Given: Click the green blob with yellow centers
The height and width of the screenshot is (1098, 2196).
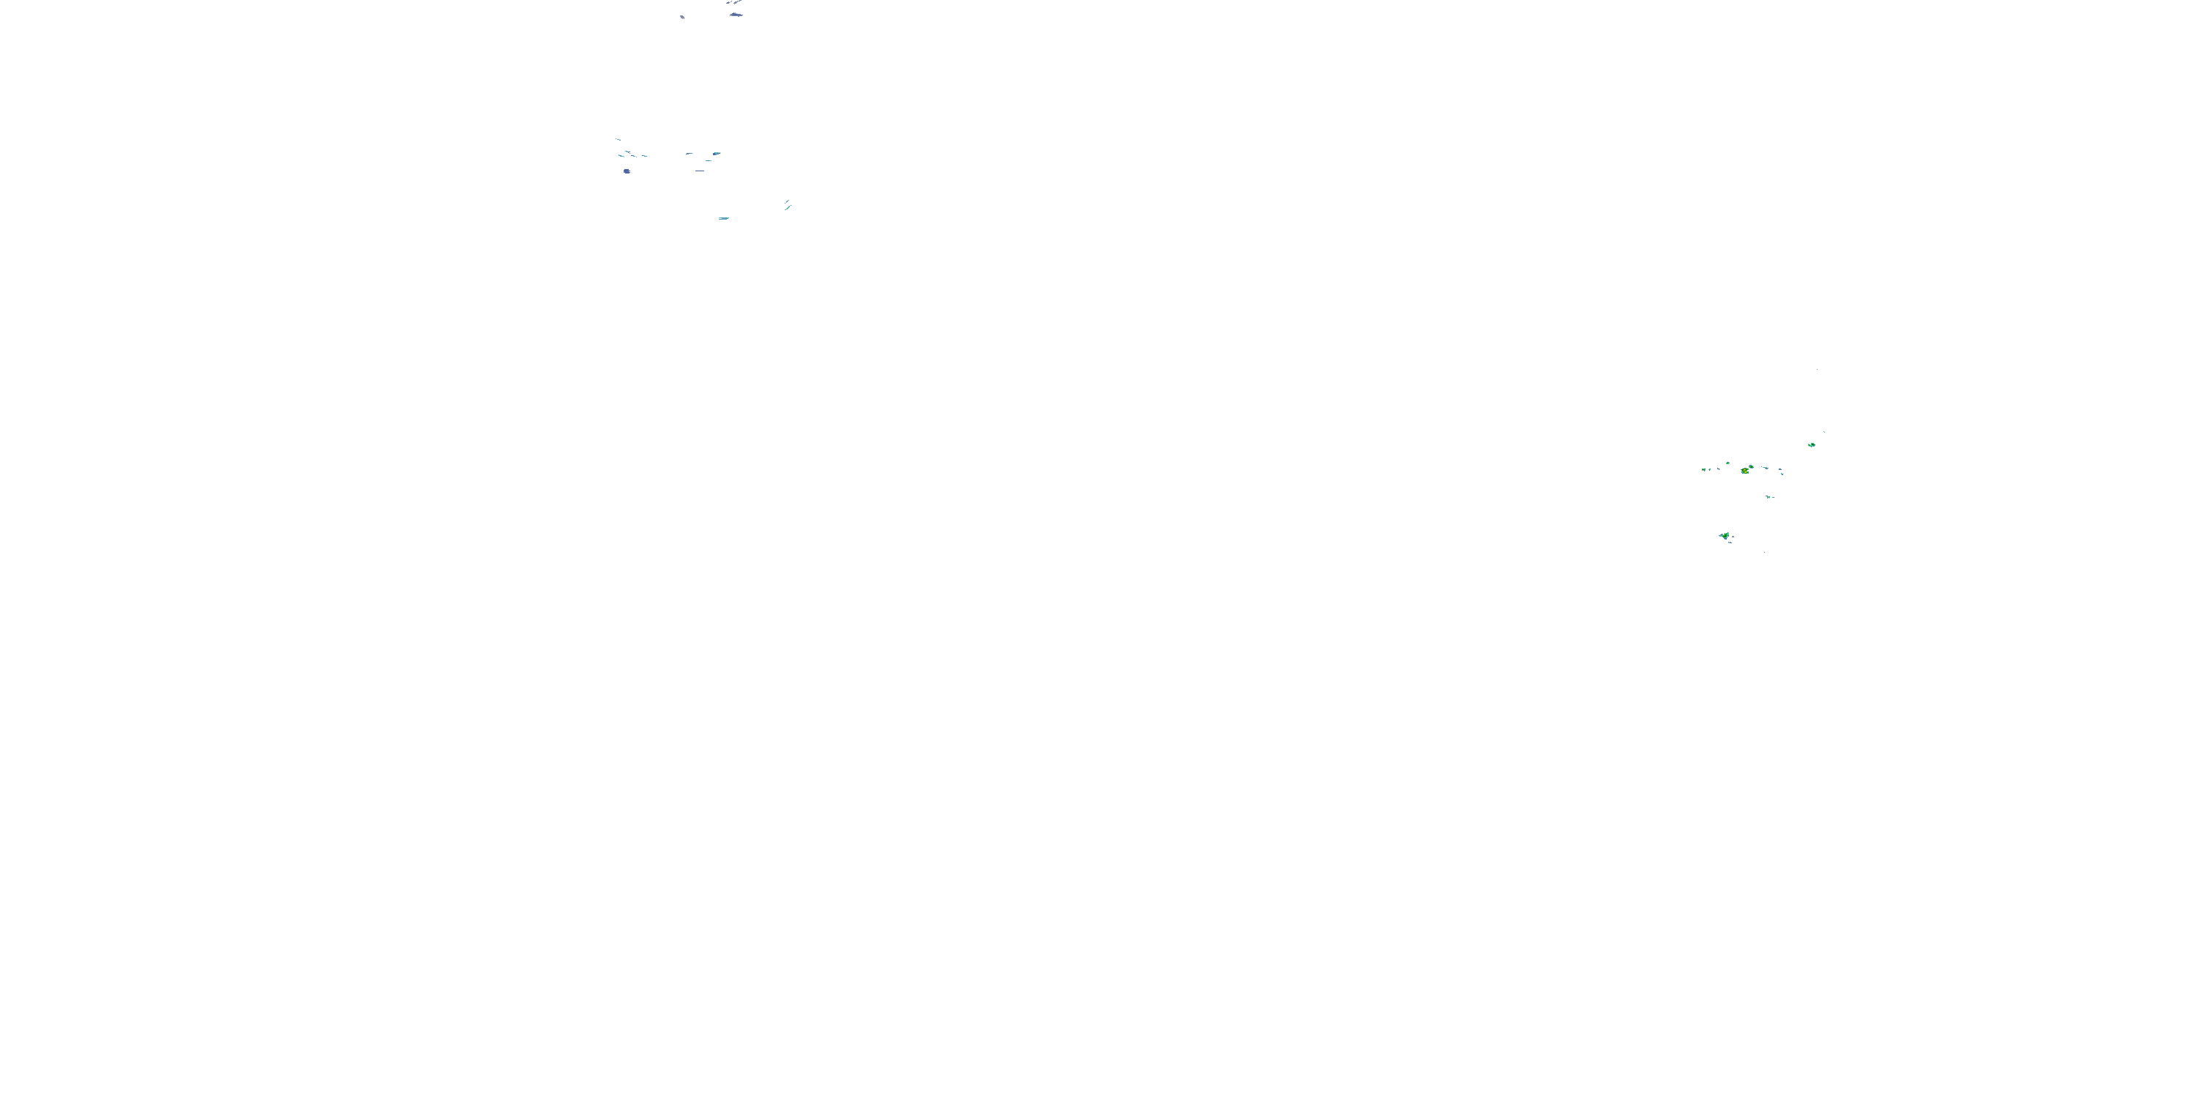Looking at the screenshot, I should pyautogui.click(x=1744, y=471).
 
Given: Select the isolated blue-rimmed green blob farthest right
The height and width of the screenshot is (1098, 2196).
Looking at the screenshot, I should pyautogui.click(x=1812, y=444).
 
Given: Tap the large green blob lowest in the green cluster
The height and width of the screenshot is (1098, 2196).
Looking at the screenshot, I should pyautogui.click(x=1725, y=535).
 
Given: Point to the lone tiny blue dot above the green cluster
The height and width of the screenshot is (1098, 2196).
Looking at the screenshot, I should pyautogui.click(x=1817, y=369).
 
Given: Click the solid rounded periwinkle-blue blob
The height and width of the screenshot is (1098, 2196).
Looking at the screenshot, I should pyautogui.click(x=627, y=171).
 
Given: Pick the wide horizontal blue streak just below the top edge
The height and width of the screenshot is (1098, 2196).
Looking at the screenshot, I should pyautogui.click(x=736, y=15).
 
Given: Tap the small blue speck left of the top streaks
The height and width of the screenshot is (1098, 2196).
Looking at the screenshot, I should pyautogui.click(x=682, y=16).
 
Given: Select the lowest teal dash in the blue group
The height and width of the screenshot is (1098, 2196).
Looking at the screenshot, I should pyautogui.click(x=724, y=218).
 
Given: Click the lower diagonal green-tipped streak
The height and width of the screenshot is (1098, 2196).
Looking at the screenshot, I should pyautogui.click(x=788, y=207).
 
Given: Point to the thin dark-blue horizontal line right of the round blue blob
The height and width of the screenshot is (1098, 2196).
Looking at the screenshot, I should pyautogui.click(x=700, y=171).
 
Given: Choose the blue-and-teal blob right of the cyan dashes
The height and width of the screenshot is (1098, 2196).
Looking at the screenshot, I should pyautogui.click(x=716, y=154).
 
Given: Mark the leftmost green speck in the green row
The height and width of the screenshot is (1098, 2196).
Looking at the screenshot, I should pyautogui.click(x=1703, y=469).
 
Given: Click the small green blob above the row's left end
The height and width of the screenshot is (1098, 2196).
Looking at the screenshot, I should pyautogui.click(x=1728, y=463).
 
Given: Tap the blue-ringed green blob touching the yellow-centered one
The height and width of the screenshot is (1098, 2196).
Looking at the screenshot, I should pyautogui.click(x=1750, y=467).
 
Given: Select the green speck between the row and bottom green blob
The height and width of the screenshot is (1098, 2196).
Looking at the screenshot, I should pyautogui.click(x=1769, y=496).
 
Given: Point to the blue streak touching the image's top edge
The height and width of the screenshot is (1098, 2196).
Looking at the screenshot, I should pyautogui.click(x=735, y=2).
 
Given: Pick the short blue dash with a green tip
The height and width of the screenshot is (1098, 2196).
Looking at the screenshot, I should pyautogui.click(x=689, y=154).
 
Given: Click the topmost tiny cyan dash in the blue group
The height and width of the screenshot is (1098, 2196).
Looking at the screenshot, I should pyautogui.click(x=618, y=140).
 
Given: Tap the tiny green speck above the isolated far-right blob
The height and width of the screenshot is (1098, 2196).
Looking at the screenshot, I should pyautogui.click(x=1823, y=432).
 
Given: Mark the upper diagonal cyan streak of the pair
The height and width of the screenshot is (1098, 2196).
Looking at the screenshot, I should pyautogui.click(x=787, y=201).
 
